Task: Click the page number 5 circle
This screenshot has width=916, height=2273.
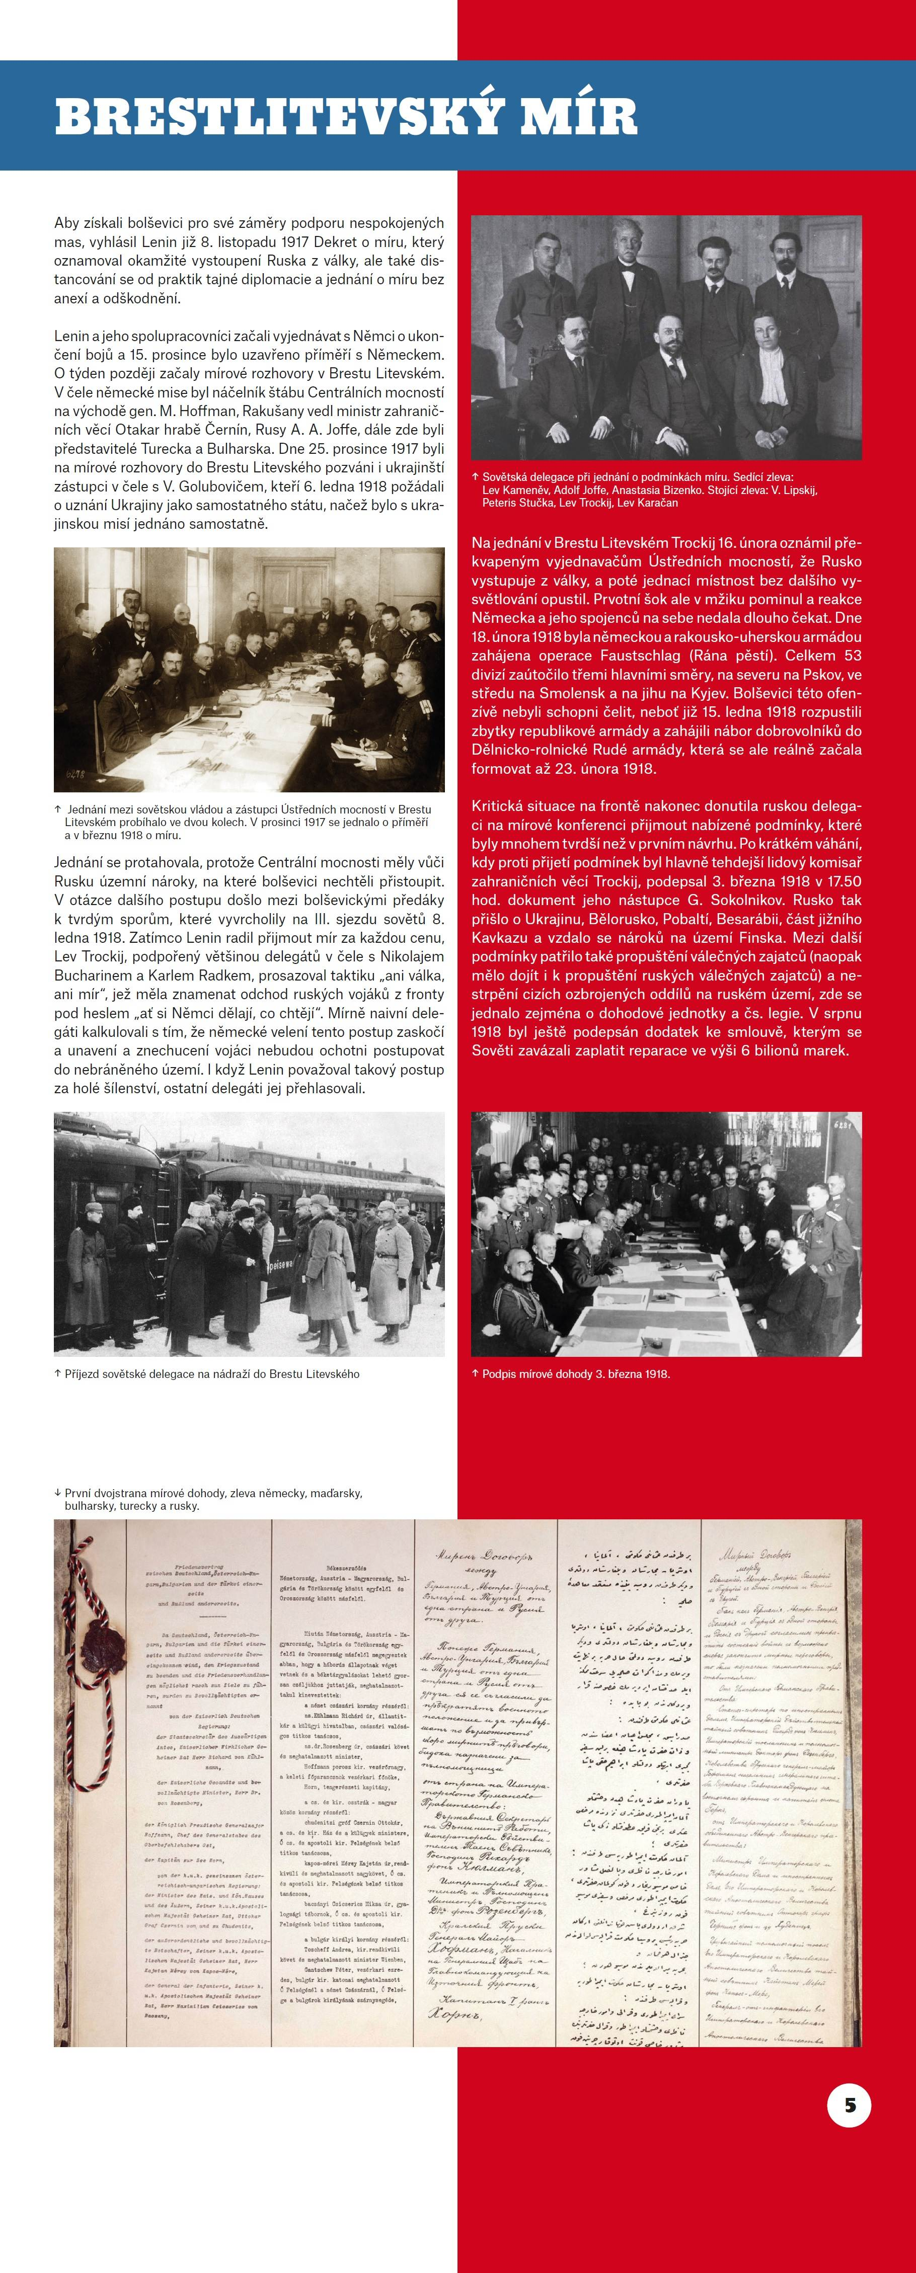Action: (x=849, y=2104)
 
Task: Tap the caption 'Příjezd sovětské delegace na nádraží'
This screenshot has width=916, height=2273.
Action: (x=212, y=1374)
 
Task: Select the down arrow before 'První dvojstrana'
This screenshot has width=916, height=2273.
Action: (x=58, y=1493)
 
